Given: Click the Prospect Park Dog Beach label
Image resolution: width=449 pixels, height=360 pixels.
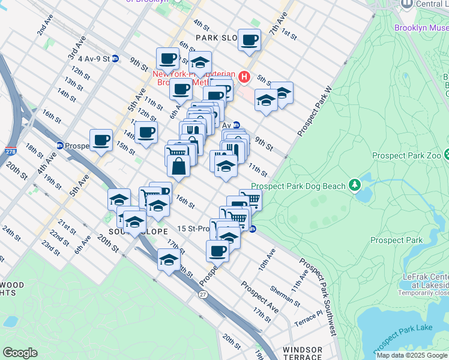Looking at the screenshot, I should [299, 186].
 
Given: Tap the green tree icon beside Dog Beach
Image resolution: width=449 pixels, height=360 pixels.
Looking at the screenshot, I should [355, 184].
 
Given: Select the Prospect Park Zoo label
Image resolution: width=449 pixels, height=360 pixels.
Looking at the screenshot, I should [406, 155].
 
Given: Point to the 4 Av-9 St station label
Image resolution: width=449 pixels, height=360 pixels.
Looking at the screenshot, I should [89, 59].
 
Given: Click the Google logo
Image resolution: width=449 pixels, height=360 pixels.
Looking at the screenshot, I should [20, 353].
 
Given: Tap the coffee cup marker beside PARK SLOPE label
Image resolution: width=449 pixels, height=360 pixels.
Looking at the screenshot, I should [249, 41].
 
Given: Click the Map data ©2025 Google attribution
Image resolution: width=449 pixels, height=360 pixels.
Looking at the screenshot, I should [412, 355].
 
